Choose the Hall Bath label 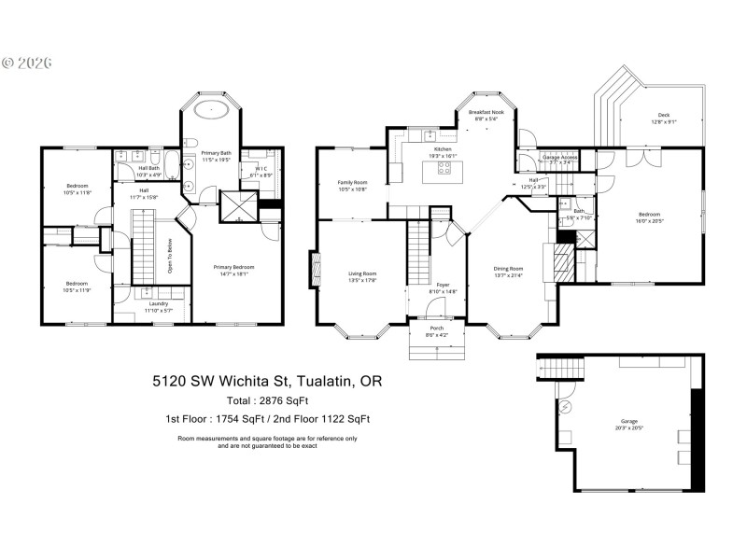(148, 171)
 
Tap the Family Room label (353, 185)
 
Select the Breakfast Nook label (486, 115)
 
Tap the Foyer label (443, 287)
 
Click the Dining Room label (509, 271)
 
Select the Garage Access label (560, 159)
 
